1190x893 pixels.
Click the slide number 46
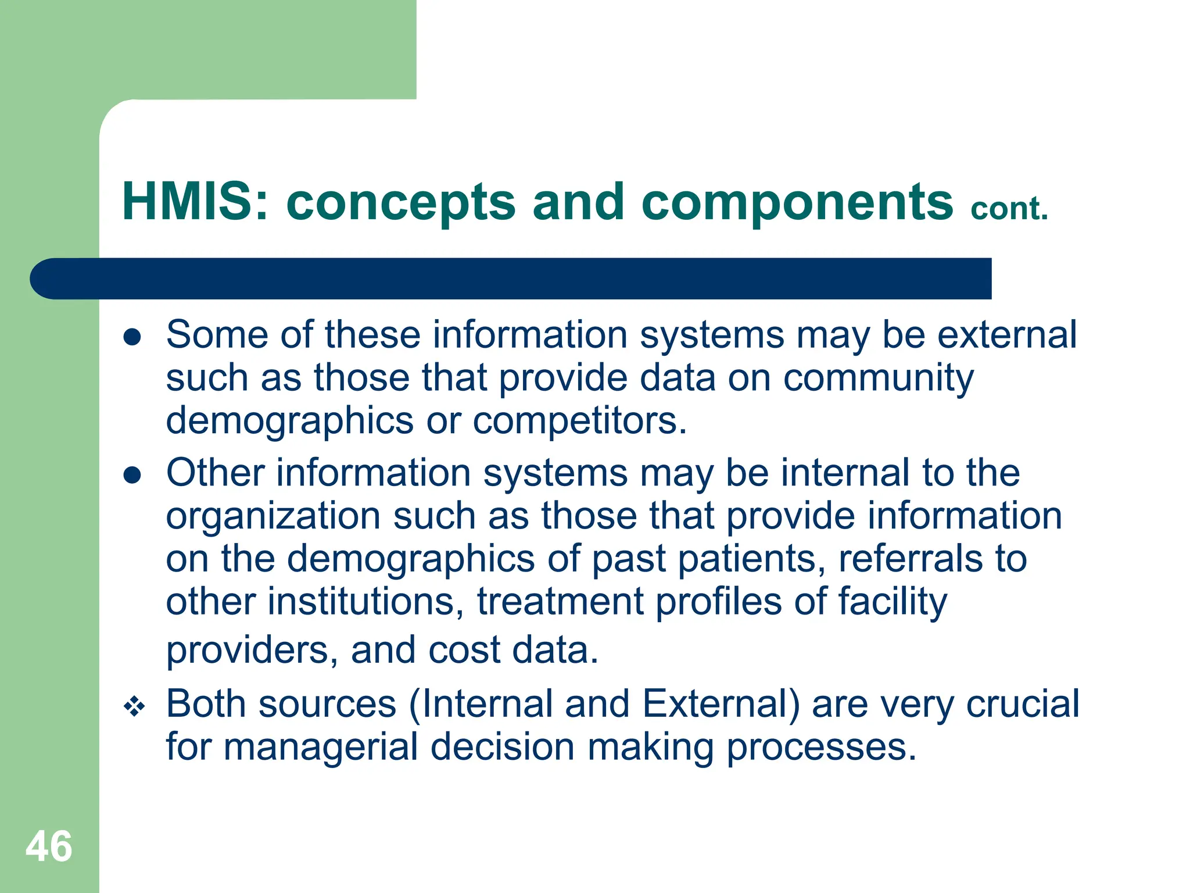(49, 846)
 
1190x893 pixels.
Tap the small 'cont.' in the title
(1009, 209)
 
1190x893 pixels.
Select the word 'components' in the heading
(797, 202)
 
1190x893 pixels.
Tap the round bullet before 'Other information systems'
(132, 475)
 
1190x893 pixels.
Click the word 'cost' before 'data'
(464, 650)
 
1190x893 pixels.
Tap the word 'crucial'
(1022, 704)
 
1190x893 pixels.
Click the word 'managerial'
(321, 747)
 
